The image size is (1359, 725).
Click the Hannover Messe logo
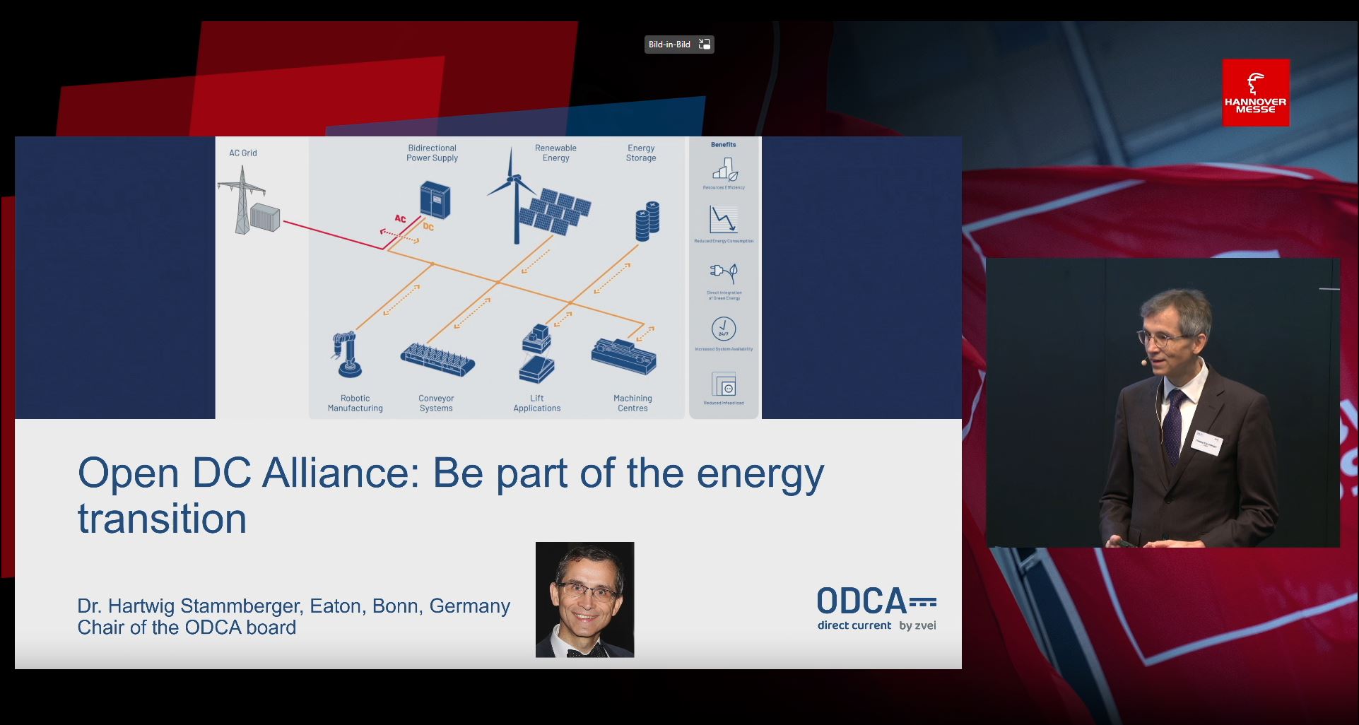tap(1255, 93)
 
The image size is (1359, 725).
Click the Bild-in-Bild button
tap(678, 45)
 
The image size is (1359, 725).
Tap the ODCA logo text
tap(861, 601)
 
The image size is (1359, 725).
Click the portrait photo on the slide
tap(584, 599)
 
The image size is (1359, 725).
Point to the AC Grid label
tap(242, 153)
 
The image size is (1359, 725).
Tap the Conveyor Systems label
tap(436, 403)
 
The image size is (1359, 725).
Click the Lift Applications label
tap(536, 403)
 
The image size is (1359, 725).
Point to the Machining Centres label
tap(633, 403)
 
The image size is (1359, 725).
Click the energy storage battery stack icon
tap(647, 220)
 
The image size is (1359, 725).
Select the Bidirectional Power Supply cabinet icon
tap(435, 199)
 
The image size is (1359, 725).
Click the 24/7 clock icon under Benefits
tap(723, 329)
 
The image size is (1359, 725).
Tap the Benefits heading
tap(723, 144)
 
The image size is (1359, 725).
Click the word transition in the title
tap(162, 519)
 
